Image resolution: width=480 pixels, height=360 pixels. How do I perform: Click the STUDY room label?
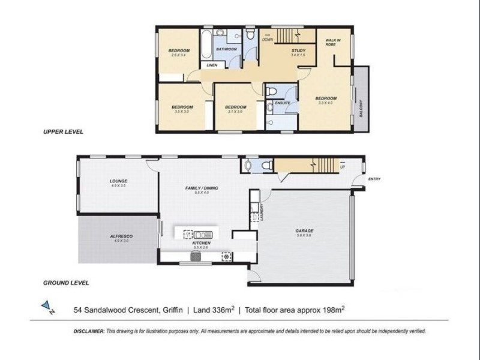tap(298, 50)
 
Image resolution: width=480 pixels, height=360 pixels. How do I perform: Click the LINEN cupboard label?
tap(211, 65)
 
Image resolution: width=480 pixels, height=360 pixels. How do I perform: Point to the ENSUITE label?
tap(283, 103)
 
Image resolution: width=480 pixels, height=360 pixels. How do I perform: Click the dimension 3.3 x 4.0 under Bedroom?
tap(326, 103)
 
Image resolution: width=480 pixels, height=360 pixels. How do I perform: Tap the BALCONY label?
tap(362, 108)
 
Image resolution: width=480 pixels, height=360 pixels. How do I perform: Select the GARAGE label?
tap(304, 230)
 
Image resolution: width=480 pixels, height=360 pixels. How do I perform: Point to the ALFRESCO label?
tap(121, 236)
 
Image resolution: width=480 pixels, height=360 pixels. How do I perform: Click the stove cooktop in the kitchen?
tap(195, 257)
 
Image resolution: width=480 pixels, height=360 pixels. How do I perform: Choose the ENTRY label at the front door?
tap(374, 178)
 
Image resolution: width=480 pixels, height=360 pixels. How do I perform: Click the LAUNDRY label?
tap(262, 213)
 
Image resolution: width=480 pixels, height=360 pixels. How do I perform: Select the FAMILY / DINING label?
tap(201, 188)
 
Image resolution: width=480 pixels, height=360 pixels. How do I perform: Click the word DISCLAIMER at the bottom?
tap(89, 331)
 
